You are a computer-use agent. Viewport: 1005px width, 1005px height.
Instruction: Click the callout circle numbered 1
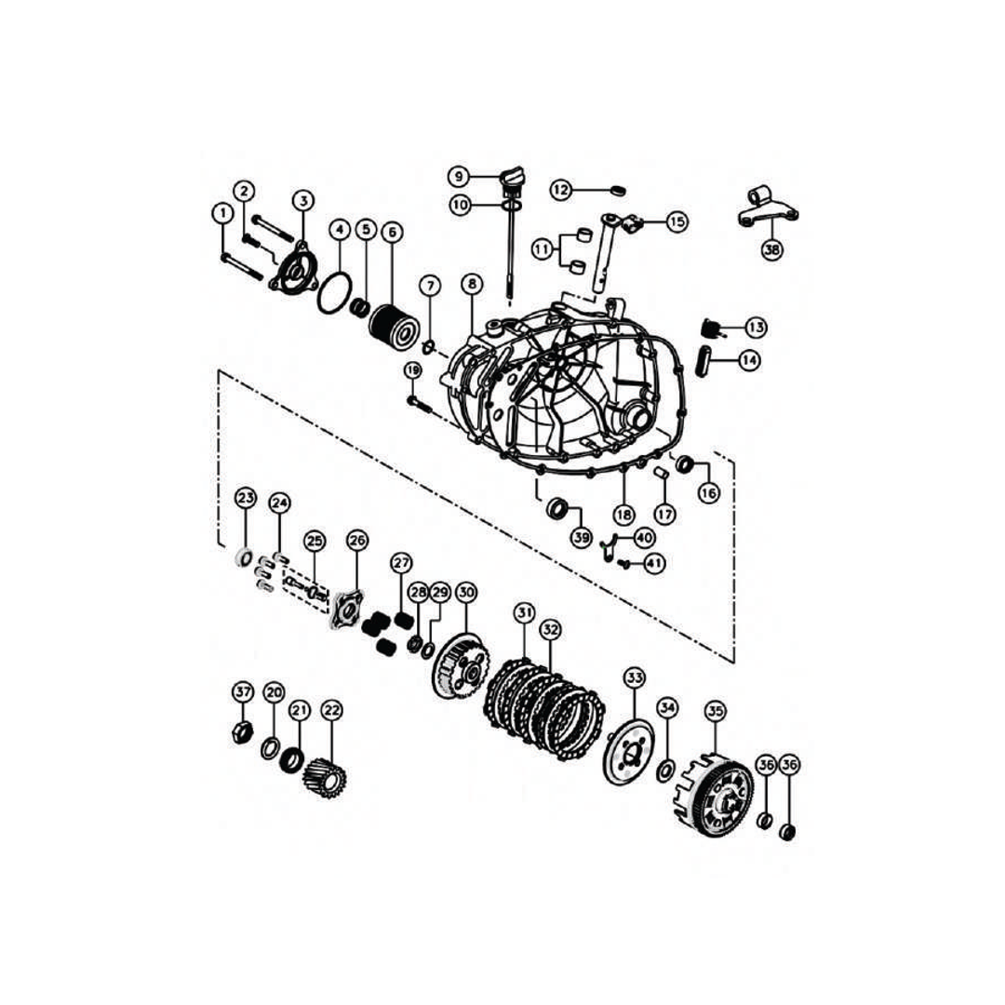click(221, 213)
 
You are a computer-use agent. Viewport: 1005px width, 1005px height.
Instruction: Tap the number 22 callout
click(331, 710)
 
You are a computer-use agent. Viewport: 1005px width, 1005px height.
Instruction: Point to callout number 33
click(635, 677)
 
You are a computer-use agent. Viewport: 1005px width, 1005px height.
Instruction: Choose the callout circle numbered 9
click(459, 176)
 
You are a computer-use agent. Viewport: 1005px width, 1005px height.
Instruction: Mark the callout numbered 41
click(654, 563)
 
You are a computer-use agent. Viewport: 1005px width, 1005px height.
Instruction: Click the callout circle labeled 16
click(709, 493)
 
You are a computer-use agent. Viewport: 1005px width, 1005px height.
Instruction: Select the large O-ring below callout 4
click(334, 295)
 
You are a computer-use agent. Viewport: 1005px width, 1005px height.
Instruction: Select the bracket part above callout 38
click(767, 208)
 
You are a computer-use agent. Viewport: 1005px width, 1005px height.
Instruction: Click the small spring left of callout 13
click(712, 328)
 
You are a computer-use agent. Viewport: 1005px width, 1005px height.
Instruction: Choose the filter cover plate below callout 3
click(290, 273)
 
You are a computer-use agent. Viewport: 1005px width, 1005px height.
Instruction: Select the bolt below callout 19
click(417, 403)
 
